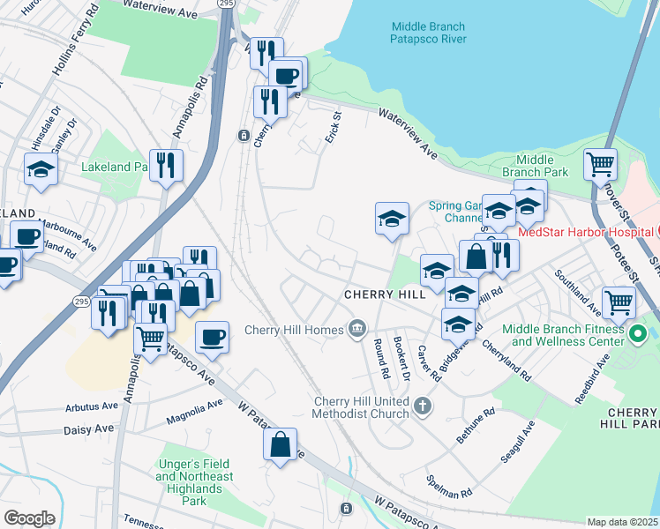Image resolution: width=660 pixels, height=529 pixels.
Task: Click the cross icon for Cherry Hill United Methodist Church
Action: point(423,406)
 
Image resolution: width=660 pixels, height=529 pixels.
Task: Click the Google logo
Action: point(29,518)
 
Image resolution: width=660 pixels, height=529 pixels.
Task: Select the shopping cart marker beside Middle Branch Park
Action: point(600,164)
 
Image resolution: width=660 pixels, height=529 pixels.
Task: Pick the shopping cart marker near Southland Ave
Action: point(619,302)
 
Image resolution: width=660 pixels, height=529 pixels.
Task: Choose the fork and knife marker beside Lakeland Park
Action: point(166,165)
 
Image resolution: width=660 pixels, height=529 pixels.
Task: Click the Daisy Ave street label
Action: point(91,429)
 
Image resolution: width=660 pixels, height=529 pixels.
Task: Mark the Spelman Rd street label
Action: point(443,487)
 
